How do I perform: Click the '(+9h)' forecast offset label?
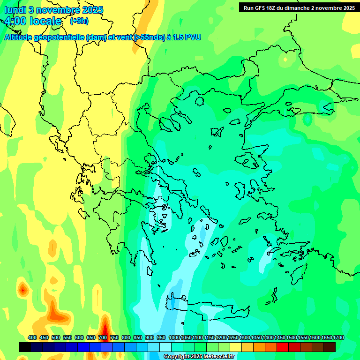79,21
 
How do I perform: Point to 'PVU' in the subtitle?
192,37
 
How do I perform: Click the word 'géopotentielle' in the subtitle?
63,37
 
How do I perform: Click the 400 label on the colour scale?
32,337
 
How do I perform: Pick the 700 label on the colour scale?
103,337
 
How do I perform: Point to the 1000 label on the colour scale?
174,337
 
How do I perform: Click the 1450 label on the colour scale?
280,337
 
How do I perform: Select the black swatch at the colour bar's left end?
25,347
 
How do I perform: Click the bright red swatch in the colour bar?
283,347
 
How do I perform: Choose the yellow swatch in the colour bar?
236,347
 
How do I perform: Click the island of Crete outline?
206,307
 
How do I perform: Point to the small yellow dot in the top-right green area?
285,60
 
